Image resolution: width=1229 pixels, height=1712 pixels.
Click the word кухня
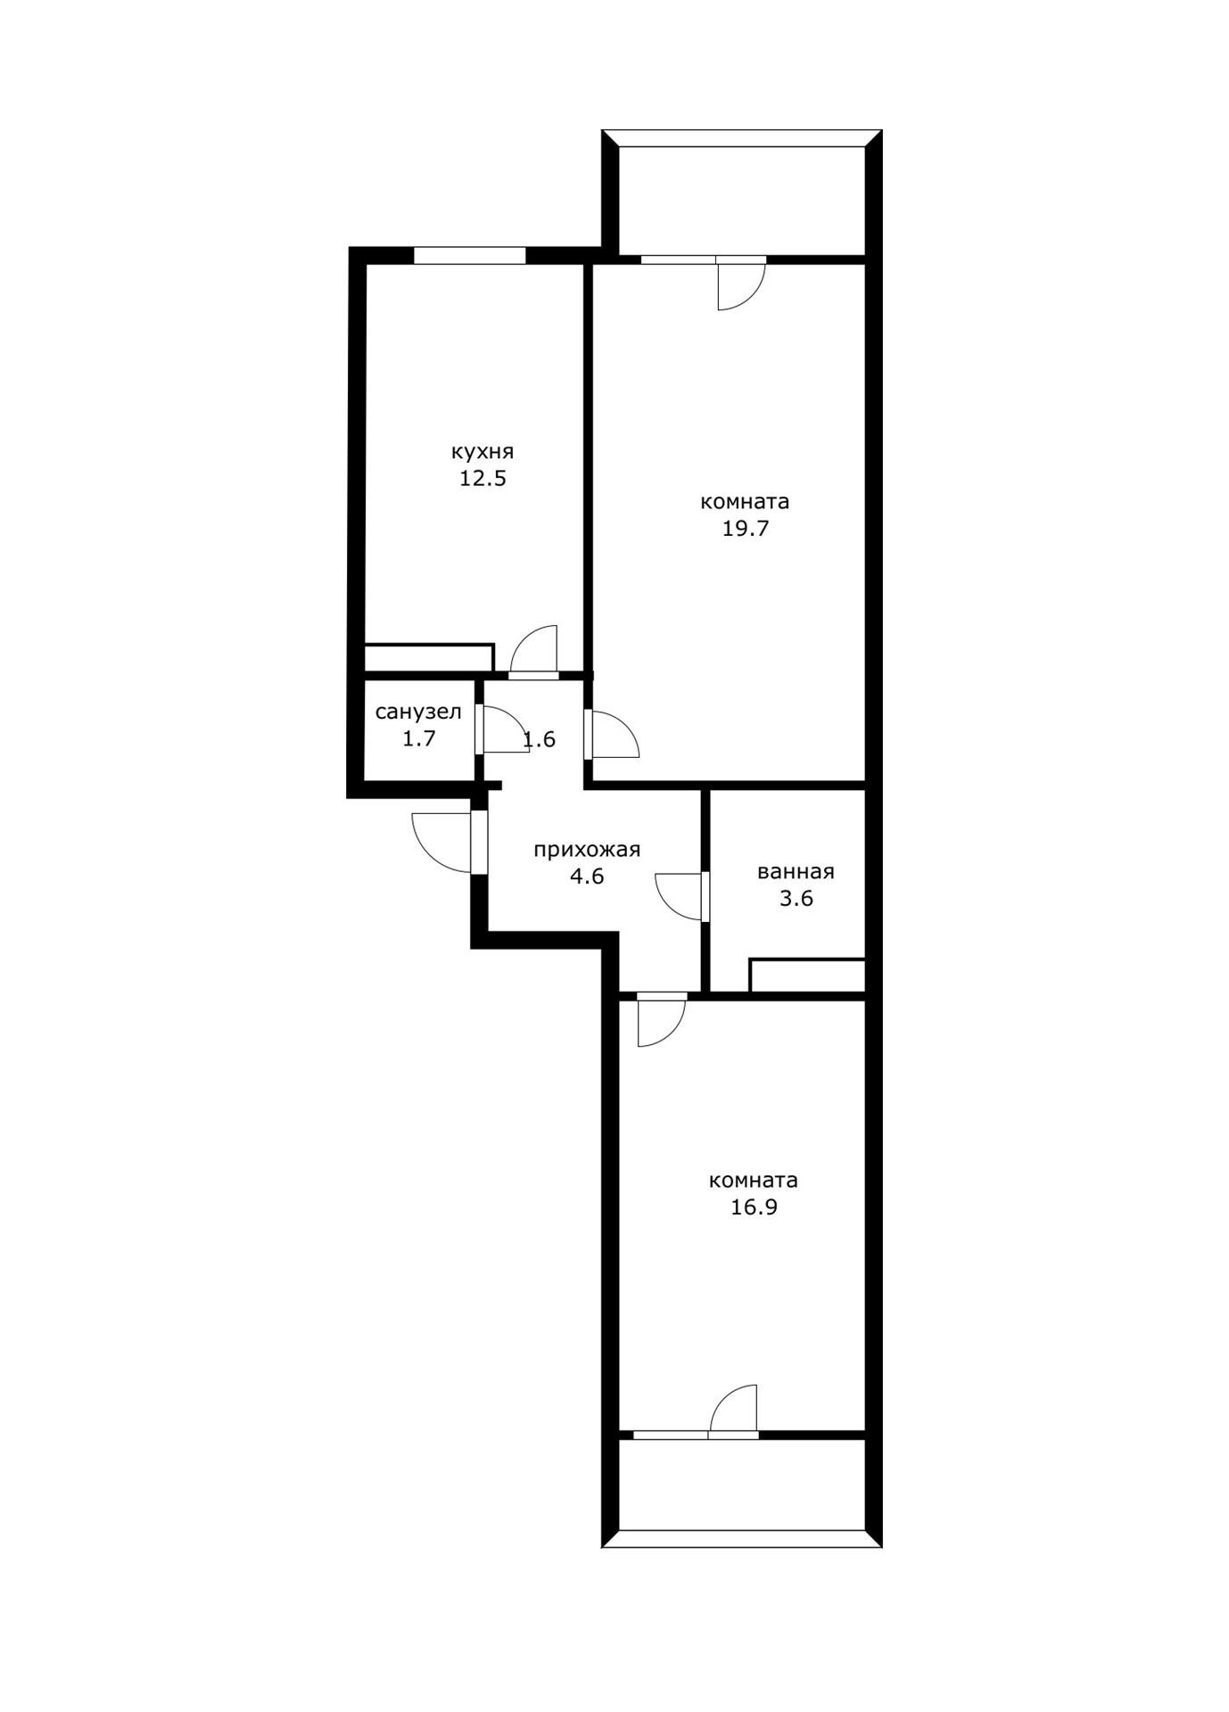(x=483, y=451)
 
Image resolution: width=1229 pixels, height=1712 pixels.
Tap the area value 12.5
(x=483, y=479)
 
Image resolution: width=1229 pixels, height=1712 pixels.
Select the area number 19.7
(x=745, y=529)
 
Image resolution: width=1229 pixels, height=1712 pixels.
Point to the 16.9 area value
(x=754, y=1207)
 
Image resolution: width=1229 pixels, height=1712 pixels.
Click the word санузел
(x=418, y=712)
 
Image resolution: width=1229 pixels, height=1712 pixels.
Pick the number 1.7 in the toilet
(x=418, y=738)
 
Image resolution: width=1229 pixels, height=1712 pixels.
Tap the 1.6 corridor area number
(x=540, y=739)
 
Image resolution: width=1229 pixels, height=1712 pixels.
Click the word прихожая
(x=587, y=850)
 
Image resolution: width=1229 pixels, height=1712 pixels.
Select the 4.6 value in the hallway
(x=587, y=877)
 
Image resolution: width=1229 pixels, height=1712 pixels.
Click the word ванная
(x=796, y=872)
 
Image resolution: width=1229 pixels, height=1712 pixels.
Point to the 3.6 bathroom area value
(x=796, y=899)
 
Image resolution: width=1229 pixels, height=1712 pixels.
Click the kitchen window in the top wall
(x=469, y=256)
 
